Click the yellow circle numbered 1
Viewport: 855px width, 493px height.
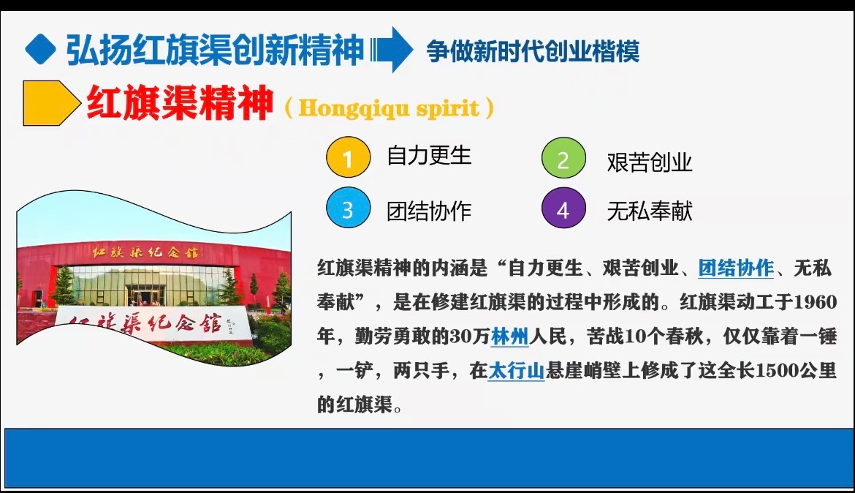click(x=348, y=158)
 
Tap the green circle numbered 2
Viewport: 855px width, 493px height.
click(x=563, y=159)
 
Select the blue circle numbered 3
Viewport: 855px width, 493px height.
click(x=348, y=210)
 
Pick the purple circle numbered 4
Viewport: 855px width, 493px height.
click(x=563, y=210)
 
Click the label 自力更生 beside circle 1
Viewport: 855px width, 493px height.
click(x=429, y=156)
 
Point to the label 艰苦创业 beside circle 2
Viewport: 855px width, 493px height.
click(x=649, y=162)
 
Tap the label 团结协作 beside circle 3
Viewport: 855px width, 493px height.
click(x=429, y=211)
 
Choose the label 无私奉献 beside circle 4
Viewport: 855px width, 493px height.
click(x=649, y=211)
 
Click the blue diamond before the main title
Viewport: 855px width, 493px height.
click(x=40, y=50)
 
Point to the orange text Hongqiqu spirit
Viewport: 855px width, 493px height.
click(x=389, y=109)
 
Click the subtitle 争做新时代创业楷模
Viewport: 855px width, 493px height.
click(x=533, y=51)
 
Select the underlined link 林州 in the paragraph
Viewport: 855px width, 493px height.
click(x=510, y=337)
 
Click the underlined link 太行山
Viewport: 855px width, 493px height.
click(x=516, y=371)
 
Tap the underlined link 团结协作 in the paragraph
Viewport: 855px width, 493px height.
click(x=736, y=268)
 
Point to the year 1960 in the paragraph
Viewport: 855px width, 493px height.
click(x=815, y=303)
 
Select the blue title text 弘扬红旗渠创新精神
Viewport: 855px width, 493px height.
click(x=215, y=50)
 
